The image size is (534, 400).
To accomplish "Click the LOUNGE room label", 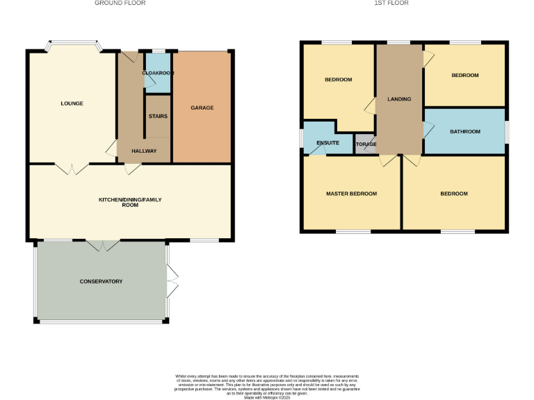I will point(72,103).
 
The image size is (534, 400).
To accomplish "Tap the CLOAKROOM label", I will point(158,73).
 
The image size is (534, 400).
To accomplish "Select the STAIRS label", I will point(158,116).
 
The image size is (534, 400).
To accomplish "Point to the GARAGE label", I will point(202,108).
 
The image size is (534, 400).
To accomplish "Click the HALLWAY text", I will point(144,151).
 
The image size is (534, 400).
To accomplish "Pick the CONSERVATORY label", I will point(101,281).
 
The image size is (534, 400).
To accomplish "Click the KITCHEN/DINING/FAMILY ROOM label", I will point(130,203).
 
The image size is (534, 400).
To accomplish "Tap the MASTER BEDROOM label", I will point(351,194).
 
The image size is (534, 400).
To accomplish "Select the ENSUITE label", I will point(327,142).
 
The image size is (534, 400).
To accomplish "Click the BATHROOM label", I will point(464,131).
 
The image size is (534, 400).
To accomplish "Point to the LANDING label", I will point(399,99).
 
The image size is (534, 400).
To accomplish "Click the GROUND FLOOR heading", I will point(120,3).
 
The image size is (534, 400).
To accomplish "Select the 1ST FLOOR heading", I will point(391,3).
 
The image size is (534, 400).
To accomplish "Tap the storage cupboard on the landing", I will point(365,144).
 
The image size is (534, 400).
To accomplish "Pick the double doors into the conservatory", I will point(102,244).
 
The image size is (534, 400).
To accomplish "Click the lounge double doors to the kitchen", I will point(72,168).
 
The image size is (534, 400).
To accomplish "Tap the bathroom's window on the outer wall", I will point(506,131).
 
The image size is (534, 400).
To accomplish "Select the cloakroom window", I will point(159,50).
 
